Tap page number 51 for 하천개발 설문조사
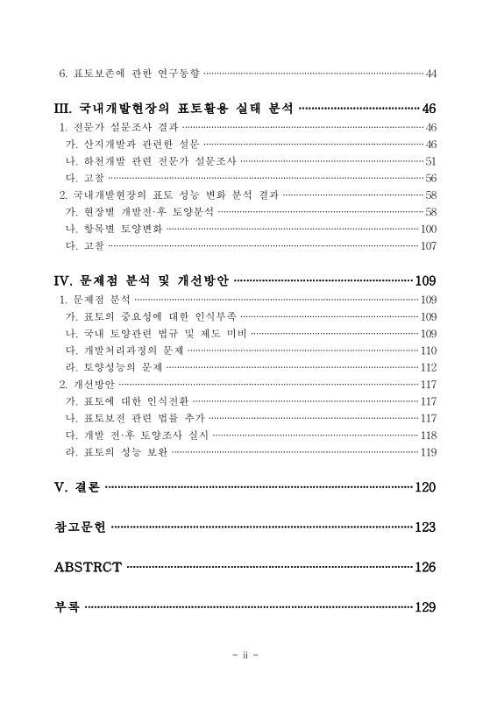(x=430, y=161)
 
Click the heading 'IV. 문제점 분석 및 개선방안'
(x=142, y=281)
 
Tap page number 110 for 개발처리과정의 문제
(x=428, y=350)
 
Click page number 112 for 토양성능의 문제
(x=428, y=367)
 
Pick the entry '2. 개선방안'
(x=87, y=384)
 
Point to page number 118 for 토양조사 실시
(x=428, y=435)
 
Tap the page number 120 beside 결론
(x=425, y=487)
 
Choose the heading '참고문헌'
(x=80, y=528)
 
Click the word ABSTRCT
(x=88, y=567)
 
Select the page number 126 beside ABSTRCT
(x=425, y=567)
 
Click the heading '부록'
(x=67, y=607)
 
